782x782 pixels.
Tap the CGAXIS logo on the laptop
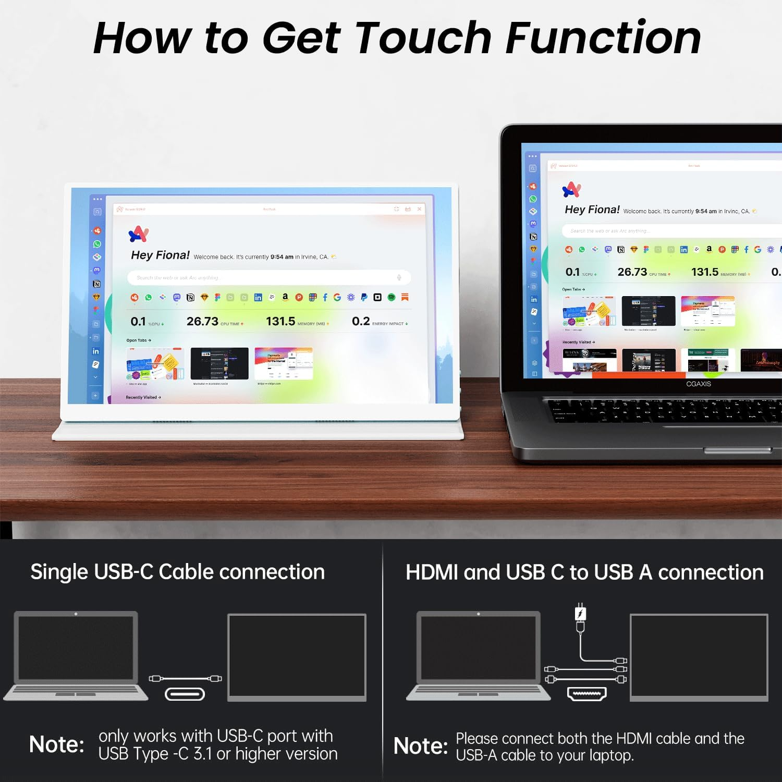698,384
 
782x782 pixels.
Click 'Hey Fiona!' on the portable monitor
160,255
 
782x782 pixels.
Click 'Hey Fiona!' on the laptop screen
592,210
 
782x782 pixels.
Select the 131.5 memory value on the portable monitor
280,321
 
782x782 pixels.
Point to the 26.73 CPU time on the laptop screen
632,272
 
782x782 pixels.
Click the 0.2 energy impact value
361,321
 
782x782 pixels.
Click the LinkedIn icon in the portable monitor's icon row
258,297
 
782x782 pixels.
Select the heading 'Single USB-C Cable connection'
177,572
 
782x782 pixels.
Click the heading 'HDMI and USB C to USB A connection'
584,572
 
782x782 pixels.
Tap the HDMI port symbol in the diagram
586,694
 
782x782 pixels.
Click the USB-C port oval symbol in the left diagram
185,694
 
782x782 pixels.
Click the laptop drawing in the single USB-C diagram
76,654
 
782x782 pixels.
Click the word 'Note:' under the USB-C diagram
56,744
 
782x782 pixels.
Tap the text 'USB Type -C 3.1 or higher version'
217,754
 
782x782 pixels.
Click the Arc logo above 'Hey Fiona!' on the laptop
571,189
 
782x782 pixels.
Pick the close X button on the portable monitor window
419,209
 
